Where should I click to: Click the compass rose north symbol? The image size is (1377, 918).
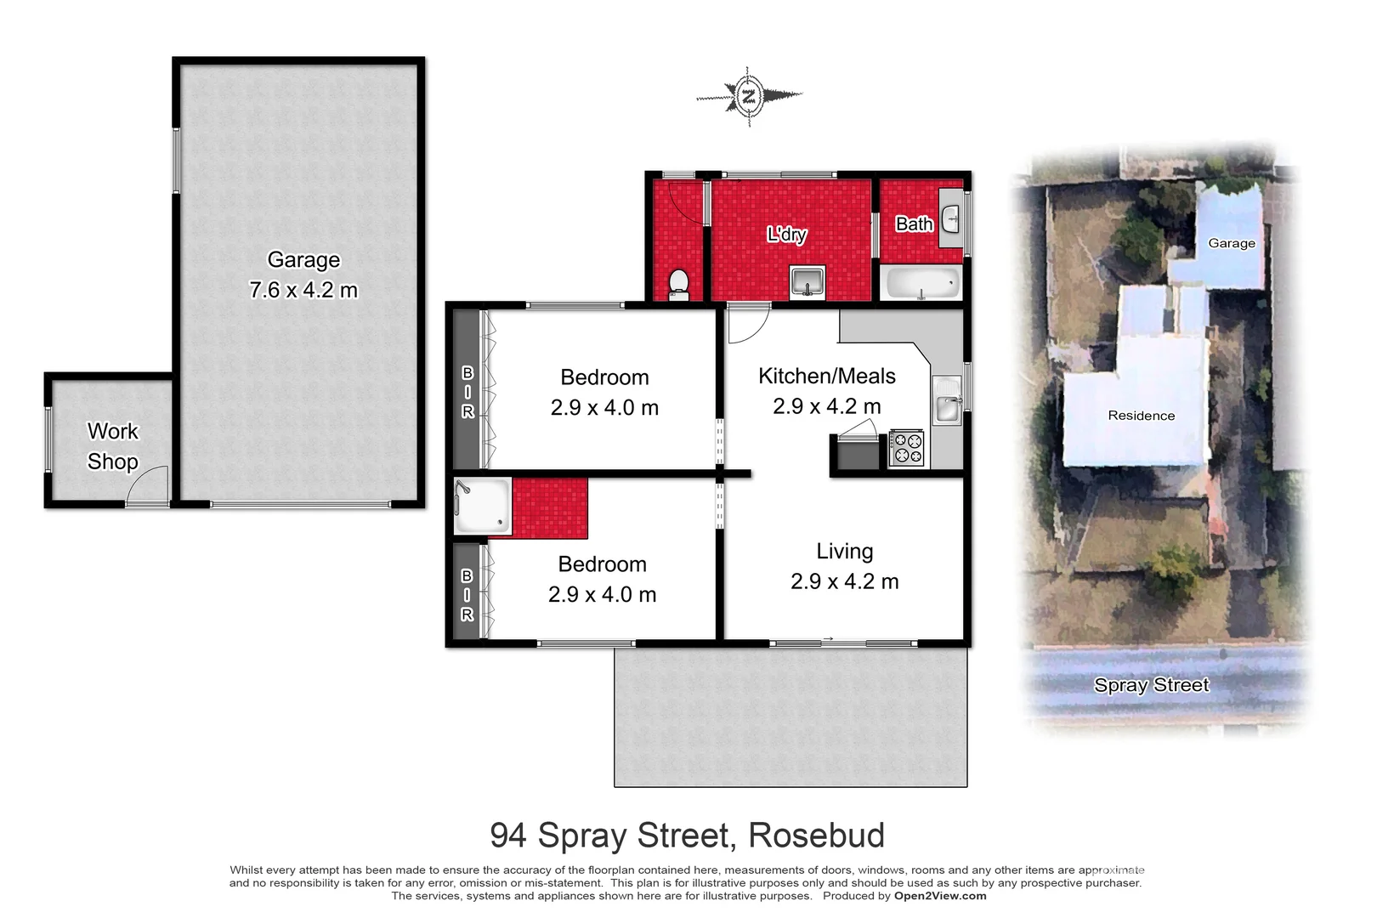748,95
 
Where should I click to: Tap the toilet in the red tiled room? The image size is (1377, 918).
678,284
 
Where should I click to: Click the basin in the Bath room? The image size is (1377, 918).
951,218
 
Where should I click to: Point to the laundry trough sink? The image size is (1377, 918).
807,281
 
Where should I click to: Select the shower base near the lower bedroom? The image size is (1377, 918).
482,507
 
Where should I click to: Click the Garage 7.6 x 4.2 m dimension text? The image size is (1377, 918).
303,291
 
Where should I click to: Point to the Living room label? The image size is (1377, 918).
844,552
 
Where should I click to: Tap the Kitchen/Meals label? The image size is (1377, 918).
826,377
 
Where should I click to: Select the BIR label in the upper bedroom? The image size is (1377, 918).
467,392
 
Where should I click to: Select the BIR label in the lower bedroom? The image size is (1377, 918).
467,595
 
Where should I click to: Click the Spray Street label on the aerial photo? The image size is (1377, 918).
1151,685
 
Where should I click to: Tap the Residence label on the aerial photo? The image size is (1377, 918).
1141,416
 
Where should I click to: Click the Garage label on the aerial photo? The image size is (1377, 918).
1231,243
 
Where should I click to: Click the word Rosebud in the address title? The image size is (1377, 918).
816,836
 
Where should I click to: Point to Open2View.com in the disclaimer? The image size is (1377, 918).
940,896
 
